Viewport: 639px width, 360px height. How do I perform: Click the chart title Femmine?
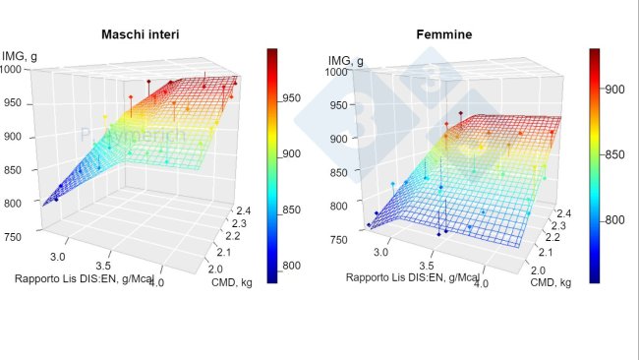click(445, 33)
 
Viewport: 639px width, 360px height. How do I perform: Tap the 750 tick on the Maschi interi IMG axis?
click(15, 237)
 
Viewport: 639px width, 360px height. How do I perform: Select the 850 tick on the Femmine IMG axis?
click(338, 172)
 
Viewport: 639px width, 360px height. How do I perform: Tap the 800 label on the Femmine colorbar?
click(615, 219)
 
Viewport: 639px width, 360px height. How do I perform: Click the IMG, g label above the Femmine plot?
click(345, 61)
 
